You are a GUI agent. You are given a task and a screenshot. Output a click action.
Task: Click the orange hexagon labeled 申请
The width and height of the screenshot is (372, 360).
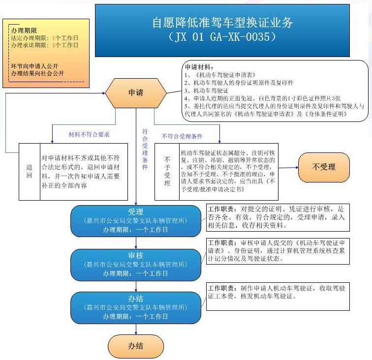[x=136, y=92]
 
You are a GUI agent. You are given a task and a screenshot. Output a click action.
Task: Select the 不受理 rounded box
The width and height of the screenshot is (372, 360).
[x=323, y=167]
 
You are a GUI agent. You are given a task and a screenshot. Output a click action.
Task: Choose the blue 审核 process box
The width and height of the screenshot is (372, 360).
[x=136, y=264]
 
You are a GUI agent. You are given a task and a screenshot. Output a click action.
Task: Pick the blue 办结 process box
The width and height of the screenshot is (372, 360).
[x=136, y=307]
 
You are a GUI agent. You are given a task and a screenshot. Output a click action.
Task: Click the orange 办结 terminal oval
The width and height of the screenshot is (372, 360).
[x=136, y=346]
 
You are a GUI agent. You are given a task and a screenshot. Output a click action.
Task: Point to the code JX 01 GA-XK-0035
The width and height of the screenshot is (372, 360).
[x=222, y=37]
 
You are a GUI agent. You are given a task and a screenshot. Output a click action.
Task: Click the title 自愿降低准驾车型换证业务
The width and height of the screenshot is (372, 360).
[x=222, y=23]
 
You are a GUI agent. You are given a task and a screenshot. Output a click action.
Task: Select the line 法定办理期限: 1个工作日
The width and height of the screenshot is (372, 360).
[x=45, y=38]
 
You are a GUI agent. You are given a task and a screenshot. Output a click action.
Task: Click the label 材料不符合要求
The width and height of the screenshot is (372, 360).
[x=89, y=134]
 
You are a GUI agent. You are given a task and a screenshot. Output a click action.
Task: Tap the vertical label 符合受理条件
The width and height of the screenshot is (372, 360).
[x=145, y=149]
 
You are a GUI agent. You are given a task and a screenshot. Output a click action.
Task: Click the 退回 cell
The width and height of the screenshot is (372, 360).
[x=29, y=171]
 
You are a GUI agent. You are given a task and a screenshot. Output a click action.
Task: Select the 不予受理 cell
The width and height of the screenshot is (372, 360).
[x=167, y=171]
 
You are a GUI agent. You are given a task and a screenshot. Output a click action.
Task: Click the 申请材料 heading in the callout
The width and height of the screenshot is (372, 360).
[x=198, y=66]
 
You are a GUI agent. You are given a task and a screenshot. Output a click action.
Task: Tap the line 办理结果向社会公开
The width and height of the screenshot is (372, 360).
[x=37, y=74]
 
